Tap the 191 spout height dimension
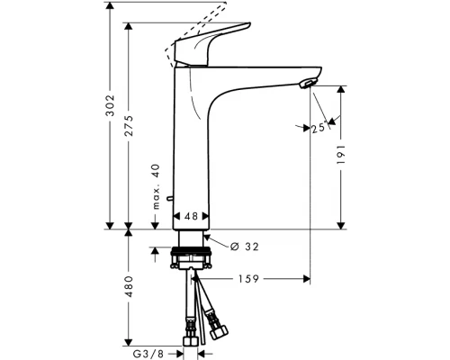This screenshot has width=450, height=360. tap(342, 155)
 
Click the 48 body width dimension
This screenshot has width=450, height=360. tap(192, 216)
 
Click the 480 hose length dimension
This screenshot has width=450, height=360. tap(130, 287)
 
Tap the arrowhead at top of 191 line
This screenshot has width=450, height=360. tap(341, 89)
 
